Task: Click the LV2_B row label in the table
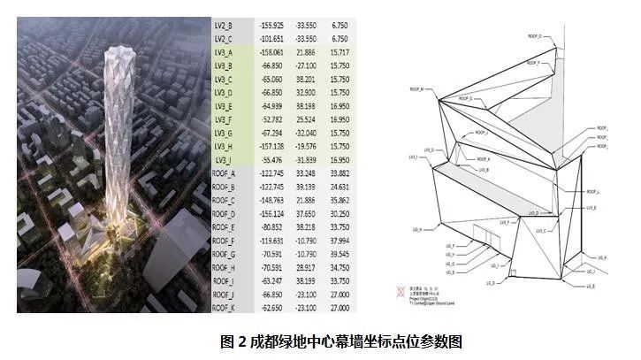tap(224, 26)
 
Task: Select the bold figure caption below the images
tap(321, 341)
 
